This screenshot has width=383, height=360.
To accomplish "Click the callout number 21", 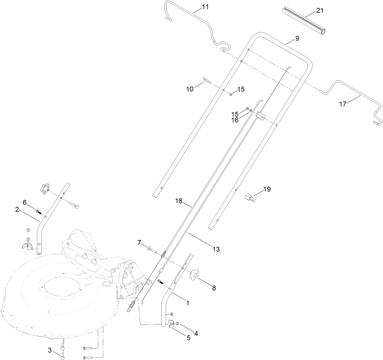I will (320, 11).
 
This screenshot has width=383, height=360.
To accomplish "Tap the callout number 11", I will (206, 7).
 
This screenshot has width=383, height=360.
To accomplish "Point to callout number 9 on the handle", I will (297, 39).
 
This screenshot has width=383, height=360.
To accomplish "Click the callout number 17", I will (343, 104).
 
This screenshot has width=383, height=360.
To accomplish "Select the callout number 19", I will (267, 189).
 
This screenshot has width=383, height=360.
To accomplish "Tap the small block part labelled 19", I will (250, 197).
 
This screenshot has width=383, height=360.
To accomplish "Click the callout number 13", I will (216, 249).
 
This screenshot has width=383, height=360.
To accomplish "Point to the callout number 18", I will (179, 201).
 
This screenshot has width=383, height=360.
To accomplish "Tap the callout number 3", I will (50, 350).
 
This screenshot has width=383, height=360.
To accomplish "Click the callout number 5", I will (189, 338).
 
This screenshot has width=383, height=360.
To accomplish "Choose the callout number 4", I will (196, 334).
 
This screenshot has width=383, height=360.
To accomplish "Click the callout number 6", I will (25, 202).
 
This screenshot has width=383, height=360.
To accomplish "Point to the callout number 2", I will (17, 209).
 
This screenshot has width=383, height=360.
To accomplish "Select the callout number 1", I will (188, 303).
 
